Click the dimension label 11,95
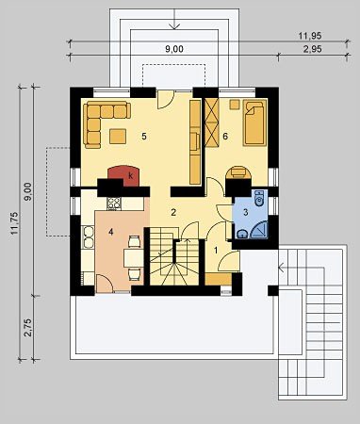(310, 36)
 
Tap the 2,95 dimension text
(310, 49)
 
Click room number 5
(144, 137)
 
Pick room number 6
(225, 137)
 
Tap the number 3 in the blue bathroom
(245, 212)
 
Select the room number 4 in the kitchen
(110, 232)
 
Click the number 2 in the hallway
(173, 212)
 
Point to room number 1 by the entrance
(216, 251)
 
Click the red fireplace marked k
(124, 175)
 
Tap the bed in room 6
(254, 122)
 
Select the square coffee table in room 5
(118, 137)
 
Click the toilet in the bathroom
(259, 199)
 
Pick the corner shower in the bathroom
(259, 230)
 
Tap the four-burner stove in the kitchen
(114, 204)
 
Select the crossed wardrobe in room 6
(211, 122)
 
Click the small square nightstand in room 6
(234, 105)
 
